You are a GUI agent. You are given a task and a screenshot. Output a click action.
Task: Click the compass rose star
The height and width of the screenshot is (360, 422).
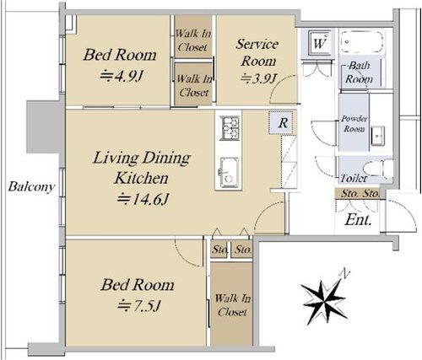324,302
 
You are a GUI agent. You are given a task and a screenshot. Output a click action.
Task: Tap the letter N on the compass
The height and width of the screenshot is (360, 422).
344,273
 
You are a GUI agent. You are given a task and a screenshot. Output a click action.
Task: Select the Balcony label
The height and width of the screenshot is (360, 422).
31,186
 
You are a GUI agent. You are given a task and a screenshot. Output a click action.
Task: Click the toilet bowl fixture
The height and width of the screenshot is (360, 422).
378,169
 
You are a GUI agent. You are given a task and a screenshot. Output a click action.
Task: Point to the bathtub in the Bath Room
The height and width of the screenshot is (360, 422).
362,41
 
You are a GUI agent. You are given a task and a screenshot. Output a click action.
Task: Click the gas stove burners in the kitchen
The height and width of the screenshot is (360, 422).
230,128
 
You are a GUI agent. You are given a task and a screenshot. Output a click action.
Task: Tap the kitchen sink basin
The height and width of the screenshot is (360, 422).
230,173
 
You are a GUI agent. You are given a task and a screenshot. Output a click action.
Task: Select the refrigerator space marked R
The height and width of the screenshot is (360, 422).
283,123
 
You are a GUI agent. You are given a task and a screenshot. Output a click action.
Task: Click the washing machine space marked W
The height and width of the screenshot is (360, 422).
319,43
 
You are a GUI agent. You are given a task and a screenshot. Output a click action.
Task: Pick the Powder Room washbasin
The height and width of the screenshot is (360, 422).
377,136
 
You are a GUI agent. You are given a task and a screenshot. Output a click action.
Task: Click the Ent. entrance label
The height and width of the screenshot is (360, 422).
358,220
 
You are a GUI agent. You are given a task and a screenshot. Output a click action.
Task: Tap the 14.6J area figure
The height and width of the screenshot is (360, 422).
143,199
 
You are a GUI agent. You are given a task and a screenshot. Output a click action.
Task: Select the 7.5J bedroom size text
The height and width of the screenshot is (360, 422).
139,305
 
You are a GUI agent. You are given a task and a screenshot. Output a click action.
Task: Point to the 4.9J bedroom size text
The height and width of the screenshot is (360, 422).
122,75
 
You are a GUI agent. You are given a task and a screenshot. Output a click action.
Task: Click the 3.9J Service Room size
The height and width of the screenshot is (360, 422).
259,78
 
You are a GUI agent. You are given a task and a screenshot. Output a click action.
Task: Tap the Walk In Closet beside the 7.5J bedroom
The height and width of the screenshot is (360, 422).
232,304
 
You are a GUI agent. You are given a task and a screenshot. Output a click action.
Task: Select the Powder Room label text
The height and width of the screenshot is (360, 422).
354,124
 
